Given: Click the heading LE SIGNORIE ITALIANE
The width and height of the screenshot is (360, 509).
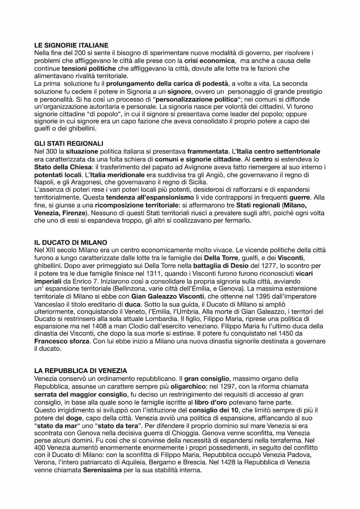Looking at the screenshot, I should coord(71,45).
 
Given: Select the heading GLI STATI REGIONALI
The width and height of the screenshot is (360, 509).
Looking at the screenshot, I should coord(68,143).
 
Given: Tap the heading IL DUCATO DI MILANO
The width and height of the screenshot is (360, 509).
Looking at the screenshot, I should coord(70,242).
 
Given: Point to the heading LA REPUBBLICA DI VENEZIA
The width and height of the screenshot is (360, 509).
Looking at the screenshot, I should coord(80,370).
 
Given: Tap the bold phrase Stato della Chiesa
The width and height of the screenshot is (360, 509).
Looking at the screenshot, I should coord(62,167).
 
